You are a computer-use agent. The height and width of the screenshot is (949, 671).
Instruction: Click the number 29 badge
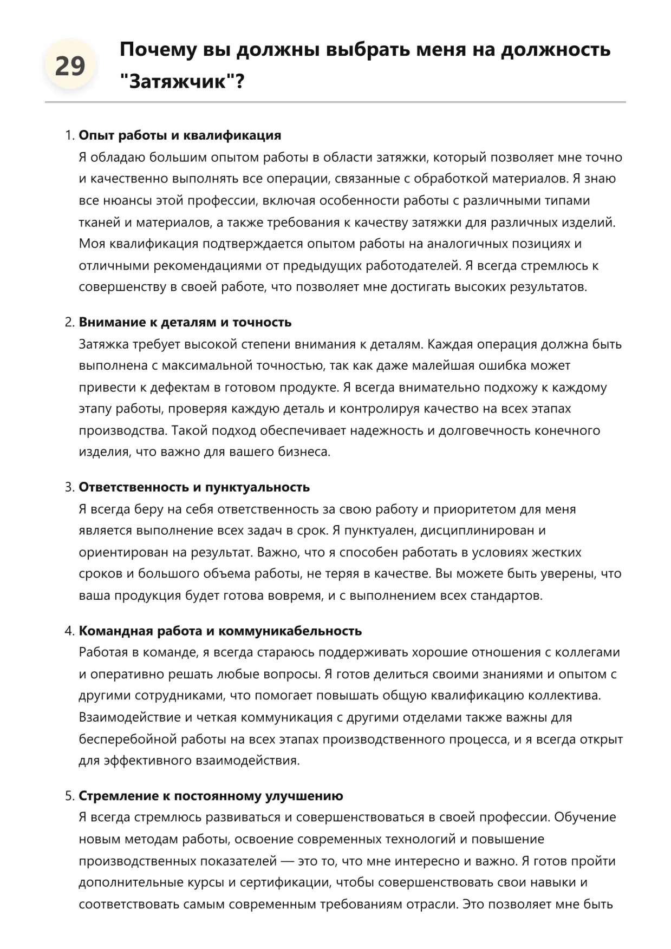70,66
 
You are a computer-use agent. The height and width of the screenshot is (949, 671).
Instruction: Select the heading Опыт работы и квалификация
180,135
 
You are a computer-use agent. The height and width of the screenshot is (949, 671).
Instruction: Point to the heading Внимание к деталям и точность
185,322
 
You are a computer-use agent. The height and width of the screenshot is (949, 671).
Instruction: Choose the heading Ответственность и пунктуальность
194,487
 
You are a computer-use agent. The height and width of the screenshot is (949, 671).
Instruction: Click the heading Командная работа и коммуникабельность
220,631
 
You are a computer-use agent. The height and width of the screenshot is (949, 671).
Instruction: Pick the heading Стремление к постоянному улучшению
211,796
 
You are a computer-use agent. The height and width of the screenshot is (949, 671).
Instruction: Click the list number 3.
69,487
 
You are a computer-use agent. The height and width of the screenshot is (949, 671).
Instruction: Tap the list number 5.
69,796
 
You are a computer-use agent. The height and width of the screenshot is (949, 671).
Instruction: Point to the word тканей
98,222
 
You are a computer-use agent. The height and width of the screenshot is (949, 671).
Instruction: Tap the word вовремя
293,595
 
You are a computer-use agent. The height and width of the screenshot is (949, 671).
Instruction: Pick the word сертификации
285,882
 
